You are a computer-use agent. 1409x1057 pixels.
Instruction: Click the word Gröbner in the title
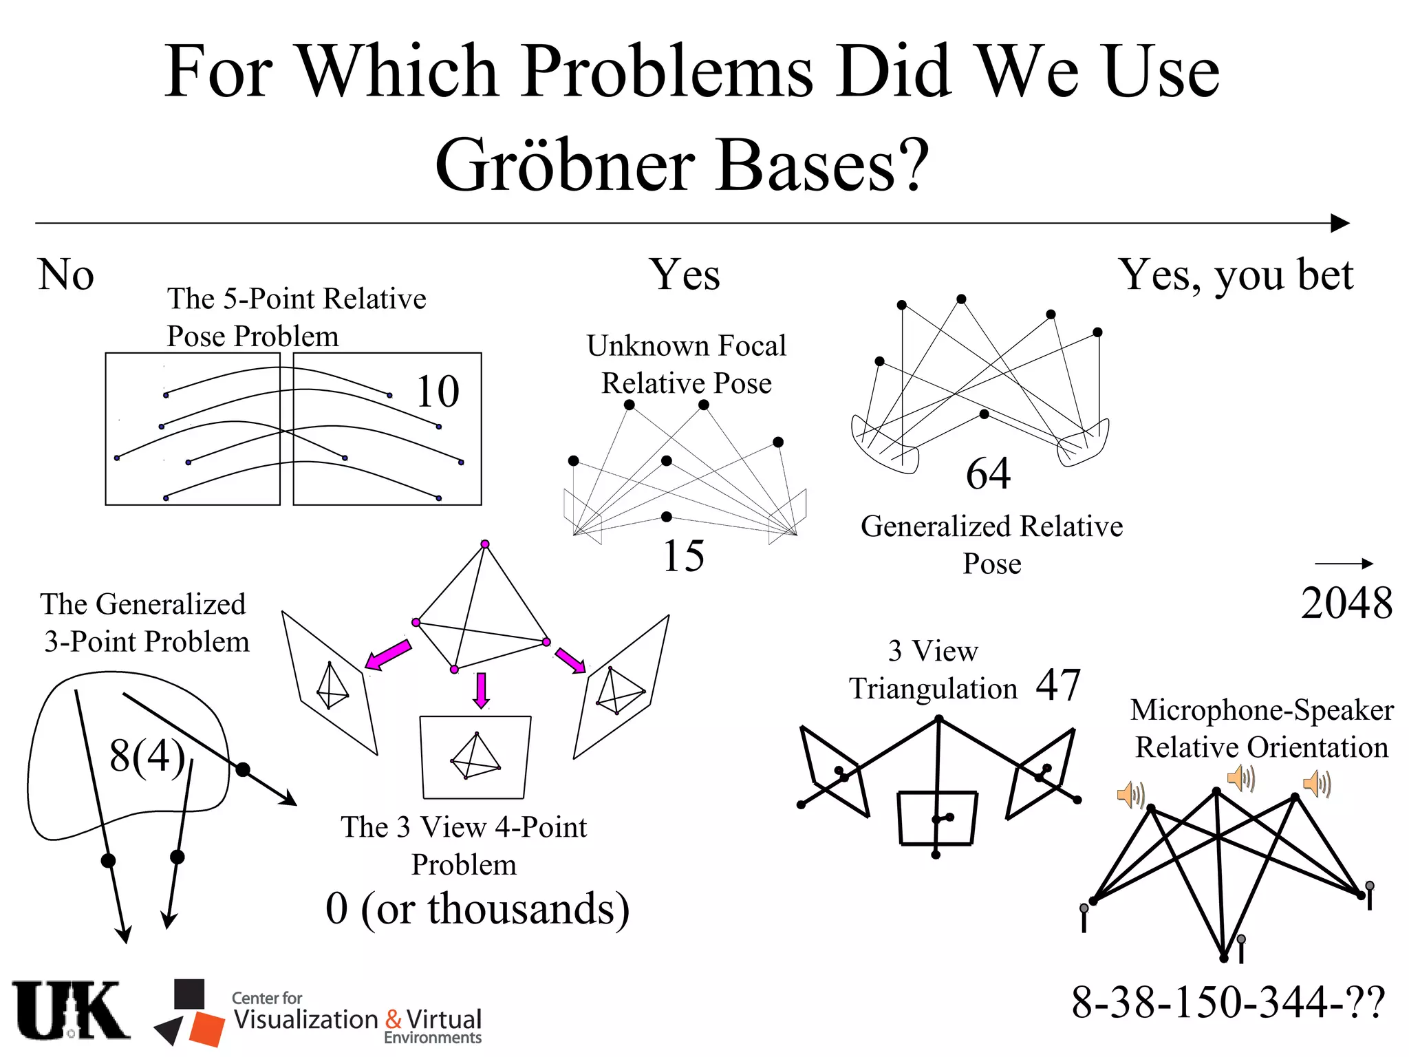coord(566,165)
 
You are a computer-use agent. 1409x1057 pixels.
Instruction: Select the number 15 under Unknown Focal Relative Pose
coord(684,555)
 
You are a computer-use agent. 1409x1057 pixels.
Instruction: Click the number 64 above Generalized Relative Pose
coord(988,473)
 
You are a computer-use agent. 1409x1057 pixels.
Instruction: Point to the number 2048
coord(1346,604)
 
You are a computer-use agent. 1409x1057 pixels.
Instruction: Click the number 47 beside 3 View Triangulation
coord(1058,685)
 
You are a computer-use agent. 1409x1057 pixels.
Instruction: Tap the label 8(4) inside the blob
coord(147,756)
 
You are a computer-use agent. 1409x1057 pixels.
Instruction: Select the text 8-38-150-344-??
coord(1228,1002)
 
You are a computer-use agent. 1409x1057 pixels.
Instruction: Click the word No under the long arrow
coord(66,275)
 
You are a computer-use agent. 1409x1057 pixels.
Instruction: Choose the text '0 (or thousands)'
coord(477,908)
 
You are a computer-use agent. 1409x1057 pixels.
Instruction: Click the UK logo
coord(70,1011)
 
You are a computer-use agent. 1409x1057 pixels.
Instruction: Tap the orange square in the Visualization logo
coord(206,1029)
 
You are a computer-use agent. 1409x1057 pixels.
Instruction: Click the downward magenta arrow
coord(482,690)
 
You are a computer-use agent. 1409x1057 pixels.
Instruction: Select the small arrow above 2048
coord(1344,564)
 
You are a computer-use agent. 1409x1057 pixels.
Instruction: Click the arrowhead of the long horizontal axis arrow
coord(1340,223)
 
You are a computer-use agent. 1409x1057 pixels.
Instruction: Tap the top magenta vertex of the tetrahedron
coord(485,544)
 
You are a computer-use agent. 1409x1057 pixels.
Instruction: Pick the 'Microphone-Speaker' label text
coord(1262,709)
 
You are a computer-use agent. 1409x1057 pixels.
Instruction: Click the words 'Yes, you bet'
coord(1236,275)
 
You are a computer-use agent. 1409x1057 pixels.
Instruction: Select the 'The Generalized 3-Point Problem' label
coord(144,623)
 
